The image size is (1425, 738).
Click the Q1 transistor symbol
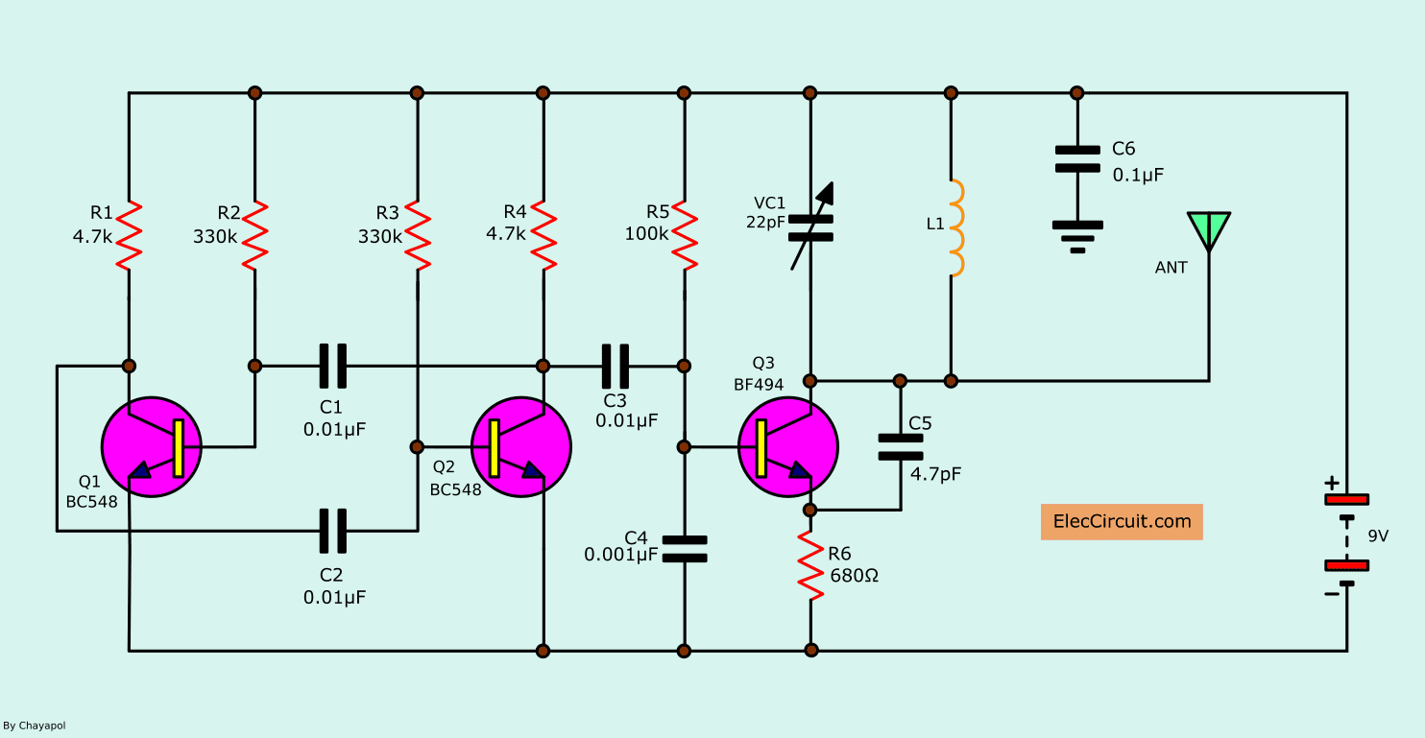pyautogui.click(x=152, y=447)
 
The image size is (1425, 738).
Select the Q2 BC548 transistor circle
pyautogui.click(x=521, y=447)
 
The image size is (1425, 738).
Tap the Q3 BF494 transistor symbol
pyautogui.click(x=788, y=447)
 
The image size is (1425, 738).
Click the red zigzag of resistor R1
pyautogui.click(x=129, y=236)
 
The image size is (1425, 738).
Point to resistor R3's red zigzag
pyautogui.click(x=418, y=236)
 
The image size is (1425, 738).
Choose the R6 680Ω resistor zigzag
pyautogui.click(x=810, y=565)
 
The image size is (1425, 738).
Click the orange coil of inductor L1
pyautogui.click(x=956, y=228)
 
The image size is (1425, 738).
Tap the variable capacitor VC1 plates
pyautogui.click(x=810, y=228)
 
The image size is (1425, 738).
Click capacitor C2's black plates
pyautogui.click(x=332, y=531)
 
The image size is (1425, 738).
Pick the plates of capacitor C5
pyautogui.click(x=900, y=447)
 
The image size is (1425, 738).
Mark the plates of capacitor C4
pyautogui.click(x=685, y=549)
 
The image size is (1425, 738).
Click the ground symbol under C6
pyautogui.click(x=1077, y=237)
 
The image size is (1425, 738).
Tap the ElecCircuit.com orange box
pyautogui.click(x=1122, y=522)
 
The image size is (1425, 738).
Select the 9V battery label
pyautogui.click(x=1378, y=536)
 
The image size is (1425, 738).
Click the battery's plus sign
pyautogui.click(x=1332, y=483)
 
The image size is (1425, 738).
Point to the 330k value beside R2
pyautogui.click(x=215, y=236)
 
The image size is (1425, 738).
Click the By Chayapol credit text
pyautogui.click(x=35, y=726)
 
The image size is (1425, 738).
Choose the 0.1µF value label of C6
pyautogui.click(x=1138, y=175)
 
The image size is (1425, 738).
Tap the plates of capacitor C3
pyautogui.click(x=616, y=367)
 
